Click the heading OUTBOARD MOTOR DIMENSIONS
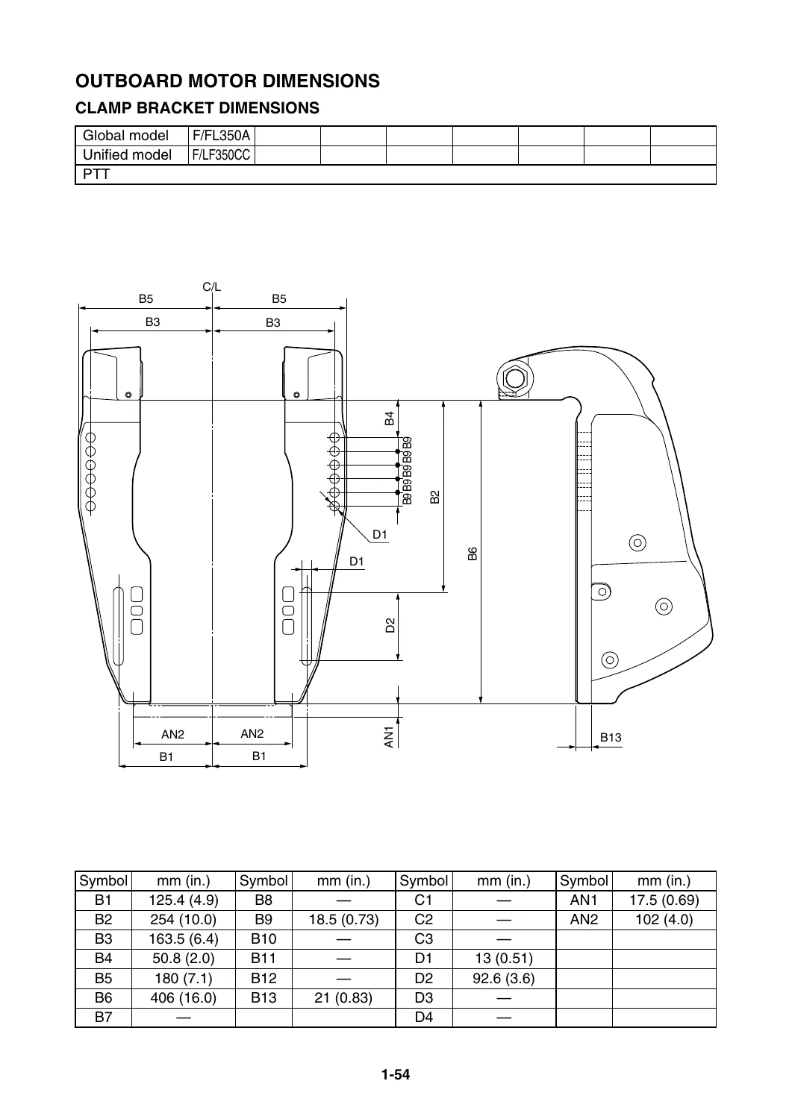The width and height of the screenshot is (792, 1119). (228, 81)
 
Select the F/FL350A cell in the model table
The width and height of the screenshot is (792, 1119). (221, 135)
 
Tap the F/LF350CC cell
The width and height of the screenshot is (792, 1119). (221, 155)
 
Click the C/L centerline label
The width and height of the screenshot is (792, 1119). (211, 286)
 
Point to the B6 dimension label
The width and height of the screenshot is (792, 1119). (473, 554)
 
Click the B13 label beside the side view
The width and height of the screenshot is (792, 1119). (611, 737)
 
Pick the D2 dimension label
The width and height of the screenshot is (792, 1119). (390, 625)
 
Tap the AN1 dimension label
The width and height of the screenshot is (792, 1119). (389, 737)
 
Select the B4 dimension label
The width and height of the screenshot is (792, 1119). (390, 418)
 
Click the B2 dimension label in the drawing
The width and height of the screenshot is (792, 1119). (435, 497)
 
